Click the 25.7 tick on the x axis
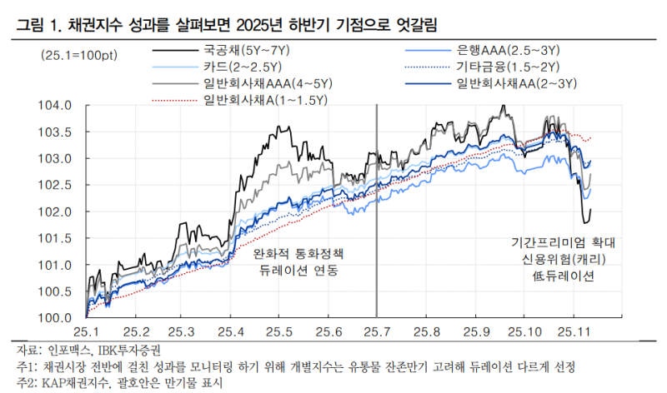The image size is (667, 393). (377, 331)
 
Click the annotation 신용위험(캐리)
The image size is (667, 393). (564, 260)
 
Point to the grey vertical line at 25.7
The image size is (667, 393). (377, 208)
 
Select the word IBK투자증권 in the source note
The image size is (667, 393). (128, 349)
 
